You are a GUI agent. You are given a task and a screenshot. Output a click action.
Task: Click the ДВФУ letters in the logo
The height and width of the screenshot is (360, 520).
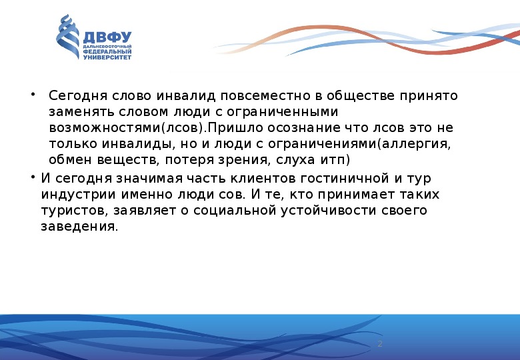(107, 36)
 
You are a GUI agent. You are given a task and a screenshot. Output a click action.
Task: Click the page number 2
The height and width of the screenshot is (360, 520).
(380, 344)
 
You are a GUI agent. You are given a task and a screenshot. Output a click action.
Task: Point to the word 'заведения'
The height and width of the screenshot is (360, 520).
(77, 227)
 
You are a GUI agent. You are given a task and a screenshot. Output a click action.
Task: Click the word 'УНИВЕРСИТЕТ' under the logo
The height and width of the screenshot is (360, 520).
(107, 57)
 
